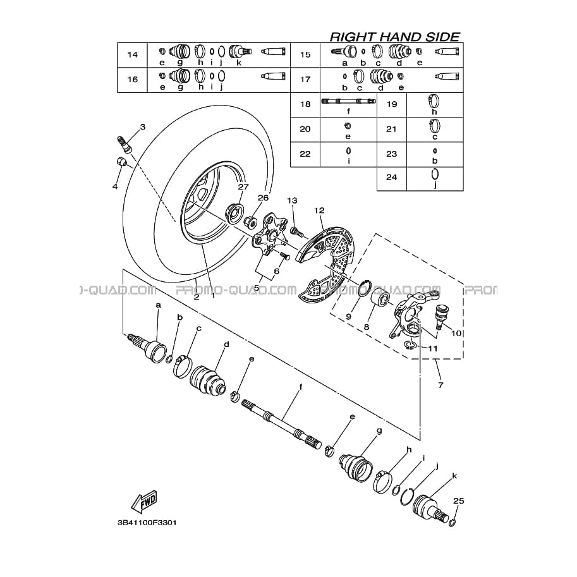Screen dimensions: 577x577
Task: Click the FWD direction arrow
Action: coord(144,501)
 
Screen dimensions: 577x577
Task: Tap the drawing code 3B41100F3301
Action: coord(147,523)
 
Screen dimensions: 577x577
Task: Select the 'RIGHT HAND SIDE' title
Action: coord(395,37)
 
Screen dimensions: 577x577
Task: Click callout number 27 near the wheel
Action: coord(243,187)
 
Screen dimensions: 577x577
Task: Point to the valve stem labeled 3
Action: coord(124,143)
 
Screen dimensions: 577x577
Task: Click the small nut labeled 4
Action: coord(121,161)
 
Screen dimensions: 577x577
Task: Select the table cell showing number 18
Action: coord(305,104)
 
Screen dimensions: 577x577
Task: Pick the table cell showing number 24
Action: coord(392,178)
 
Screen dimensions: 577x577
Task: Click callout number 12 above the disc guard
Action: coord(319,210)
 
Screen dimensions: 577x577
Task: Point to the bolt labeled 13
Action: coord(296,232)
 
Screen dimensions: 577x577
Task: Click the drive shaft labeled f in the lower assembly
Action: coord(281,423)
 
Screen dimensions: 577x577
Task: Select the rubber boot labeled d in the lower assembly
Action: coord(208,380)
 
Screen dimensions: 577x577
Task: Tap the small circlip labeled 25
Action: coord(452,522)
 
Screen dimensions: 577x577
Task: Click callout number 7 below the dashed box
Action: coord(440,385)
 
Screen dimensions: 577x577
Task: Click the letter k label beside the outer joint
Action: coord(454,476)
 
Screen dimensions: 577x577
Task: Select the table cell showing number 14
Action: coord(133,55)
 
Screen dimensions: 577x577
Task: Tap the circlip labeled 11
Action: coord(410,345)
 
